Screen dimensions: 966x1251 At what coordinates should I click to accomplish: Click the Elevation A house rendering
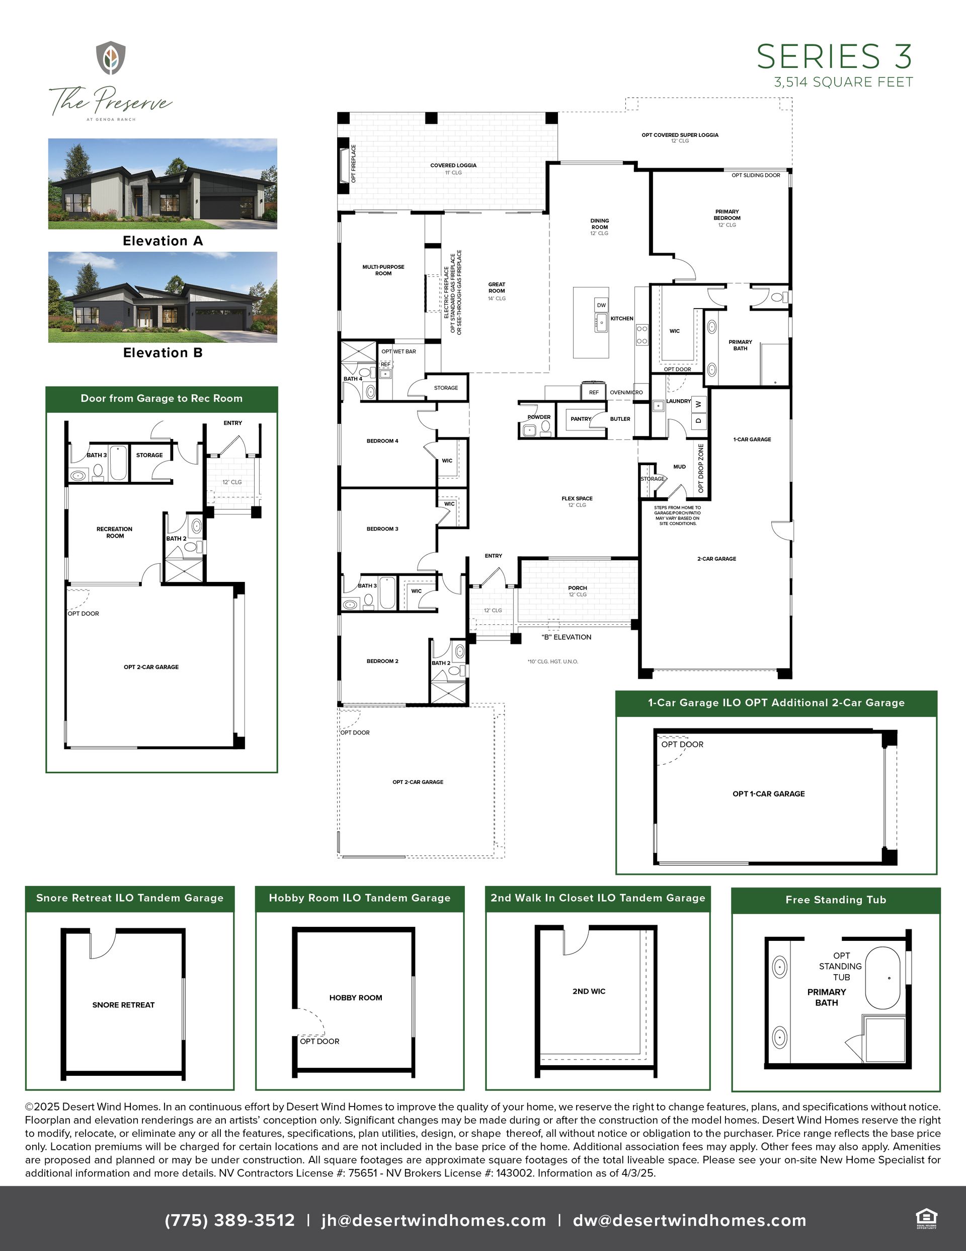163,183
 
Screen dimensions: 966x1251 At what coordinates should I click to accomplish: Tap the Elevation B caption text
163,353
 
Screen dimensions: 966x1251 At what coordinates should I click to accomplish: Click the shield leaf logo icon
111,58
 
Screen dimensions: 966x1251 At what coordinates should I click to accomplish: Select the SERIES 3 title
834,57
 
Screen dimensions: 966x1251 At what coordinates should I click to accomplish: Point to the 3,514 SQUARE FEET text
843,83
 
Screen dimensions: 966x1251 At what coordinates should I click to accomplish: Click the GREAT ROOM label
497,287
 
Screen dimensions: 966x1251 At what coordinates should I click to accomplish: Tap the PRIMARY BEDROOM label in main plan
727,215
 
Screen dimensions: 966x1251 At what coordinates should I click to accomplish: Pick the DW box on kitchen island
601,305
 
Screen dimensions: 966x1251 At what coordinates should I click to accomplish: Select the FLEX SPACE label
577,498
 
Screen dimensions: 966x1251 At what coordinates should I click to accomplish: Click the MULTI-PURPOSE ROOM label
383,270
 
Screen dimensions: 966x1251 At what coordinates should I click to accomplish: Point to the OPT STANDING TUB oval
882,978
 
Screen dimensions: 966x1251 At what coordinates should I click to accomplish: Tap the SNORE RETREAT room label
124,1005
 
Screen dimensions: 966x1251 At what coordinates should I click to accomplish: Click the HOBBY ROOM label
356,997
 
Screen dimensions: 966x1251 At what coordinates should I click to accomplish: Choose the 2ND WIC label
589,991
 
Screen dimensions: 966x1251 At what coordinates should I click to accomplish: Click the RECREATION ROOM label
115,532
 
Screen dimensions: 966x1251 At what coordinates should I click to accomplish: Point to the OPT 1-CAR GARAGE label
768,793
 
